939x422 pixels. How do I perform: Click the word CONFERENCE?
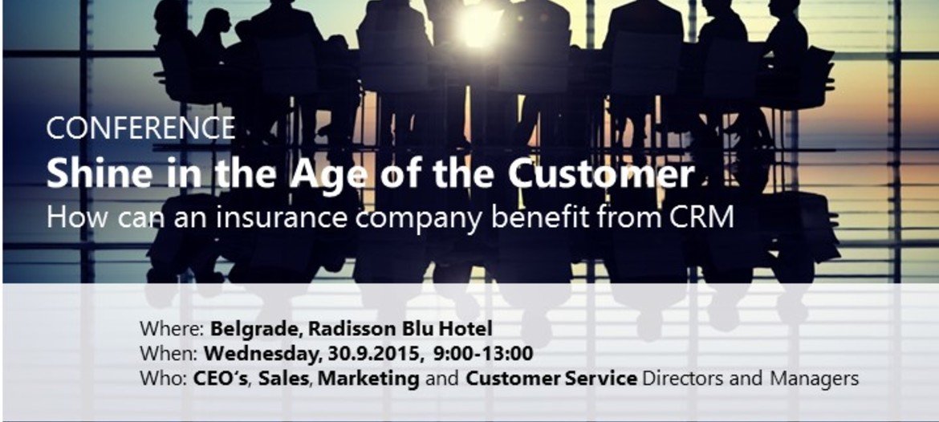point(140,128)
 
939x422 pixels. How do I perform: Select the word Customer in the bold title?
point(601,174)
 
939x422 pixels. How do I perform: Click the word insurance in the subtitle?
point(282,218)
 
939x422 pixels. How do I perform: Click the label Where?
point(173,329)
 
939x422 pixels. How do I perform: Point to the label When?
point(169,354)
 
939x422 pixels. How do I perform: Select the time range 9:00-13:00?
point(483,354)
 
